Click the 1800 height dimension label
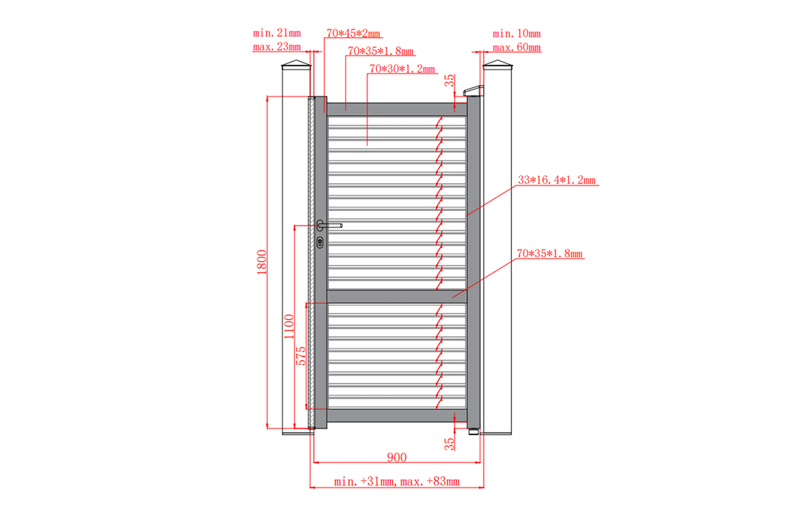pos(261,262)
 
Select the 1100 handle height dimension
pos(288,327)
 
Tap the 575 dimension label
pos(301,355)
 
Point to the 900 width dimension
pos(397,457)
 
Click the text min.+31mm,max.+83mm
pos(397,481)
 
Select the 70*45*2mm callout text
pos(353,33)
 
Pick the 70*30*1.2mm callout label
pos(402,69)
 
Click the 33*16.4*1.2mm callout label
pos(557,179)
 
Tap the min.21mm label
pos(277,32)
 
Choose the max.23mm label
pos(277,47)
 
